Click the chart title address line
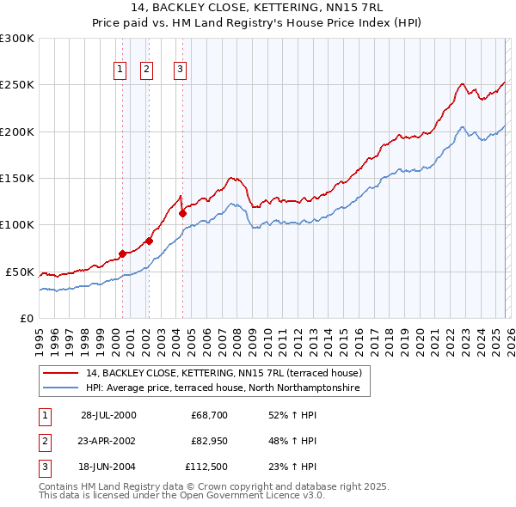point(257,7)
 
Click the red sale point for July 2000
point(122,253)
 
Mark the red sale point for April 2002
point(149,241)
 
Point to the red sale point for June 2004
point(182,213)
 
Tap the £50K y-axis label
point(21,272)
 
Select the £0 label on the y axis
point(26,318)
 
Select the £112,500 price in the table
point(206,467)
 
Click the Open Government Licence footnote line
point(181,496)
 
